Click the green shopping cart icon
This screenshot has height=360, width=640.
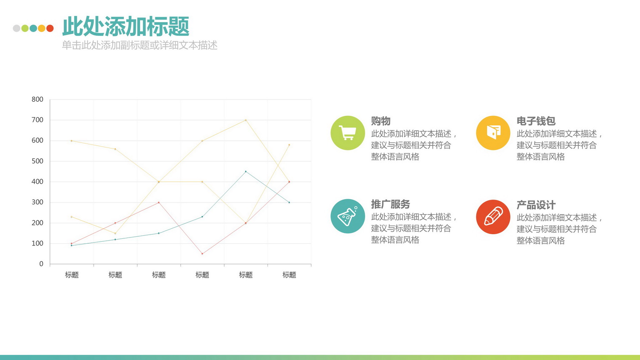(x=347, y=133)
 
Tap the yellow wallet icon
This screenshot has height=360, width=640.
(x=493, y=133)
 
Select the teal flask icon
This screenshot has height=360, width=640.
(x=347, y=216)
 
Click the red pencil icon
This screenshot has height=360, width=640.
(x=493, y=217)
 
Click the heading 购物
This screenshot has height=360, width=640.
(x=380, y=121)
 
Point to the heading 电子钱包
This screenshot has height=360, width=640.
(x=536, y=121)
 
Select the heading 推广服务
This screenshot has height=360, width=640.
(x=390, y=204)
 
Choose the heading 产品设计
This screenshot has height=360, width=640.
(x=536, y=205)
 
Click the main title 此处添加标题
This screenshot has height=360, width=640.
(x=126, y=26)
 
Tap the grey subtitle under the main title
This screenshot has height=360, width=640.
(x=140, y=45)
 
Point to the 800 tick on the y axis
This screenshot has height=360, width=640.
(x=37, y=100)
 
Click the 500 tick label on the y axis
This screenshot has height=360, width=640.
(x=37, y=161)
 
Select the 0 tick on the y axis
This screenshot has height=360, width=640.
(x=41, y=264)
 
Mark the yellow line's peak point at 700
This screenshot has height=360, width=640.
(x=246, y=120)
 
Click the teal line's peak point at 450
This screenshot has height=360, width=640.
(x=246, y=171)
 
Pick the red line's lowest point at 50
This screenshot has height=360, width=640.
(x=202, y=254)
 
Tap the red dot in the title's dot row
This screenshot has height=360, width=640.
(x=50, y=28)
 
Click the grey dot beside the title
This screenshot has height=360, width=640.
(x=17, y=28)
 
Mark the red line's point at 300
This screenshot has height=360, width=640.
(x=159, y=202)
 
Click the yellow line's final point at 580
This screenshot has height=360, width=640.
(x=289, y=145)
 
